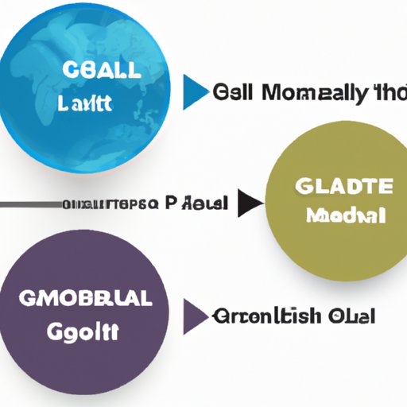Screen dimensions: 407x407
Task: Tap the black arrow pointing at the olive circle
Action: [x=250, y=203]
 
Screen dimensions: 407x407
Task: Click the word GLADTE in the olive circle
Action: [x=343, y=187]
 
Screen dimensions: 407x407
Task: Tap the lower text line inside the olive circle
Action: [x=343, y=215]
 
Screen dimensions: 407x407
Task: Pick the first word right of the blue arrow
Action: [x=233, y=94]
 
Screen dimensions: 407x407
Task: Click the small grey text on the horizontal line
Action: [x=108, y=204]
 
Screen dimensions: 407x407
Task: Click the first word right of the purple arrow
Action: [x=266, y=316]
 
